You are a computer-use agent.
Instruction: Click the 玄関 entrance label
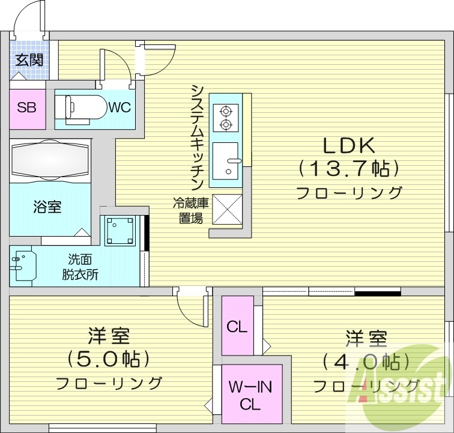pos(28,59)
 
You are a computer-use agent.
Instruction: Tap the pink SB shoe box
pos(27,108)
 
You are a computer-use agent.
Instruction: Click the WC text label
pos(120,108)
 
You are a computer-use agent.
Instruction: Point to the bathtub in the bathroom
pos(50,160)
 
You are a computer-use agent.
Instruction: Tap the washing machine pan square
pos(120,229)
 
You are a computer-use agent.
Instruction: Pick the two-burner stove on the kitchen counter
pos(226,118)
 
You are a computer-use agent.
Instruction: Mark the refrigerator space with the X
pos(226,209)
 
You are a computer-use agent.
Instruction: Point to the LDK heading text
pos(349,146)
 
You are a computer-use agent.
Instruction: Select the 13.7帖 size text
pos(349,169)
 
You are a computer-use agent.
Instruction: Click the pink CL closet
pos(237,327)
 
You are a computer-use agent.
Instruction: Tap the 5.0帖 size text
pos(109,359)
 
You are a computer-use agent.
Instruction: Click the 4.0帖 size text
pos(365,362)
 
